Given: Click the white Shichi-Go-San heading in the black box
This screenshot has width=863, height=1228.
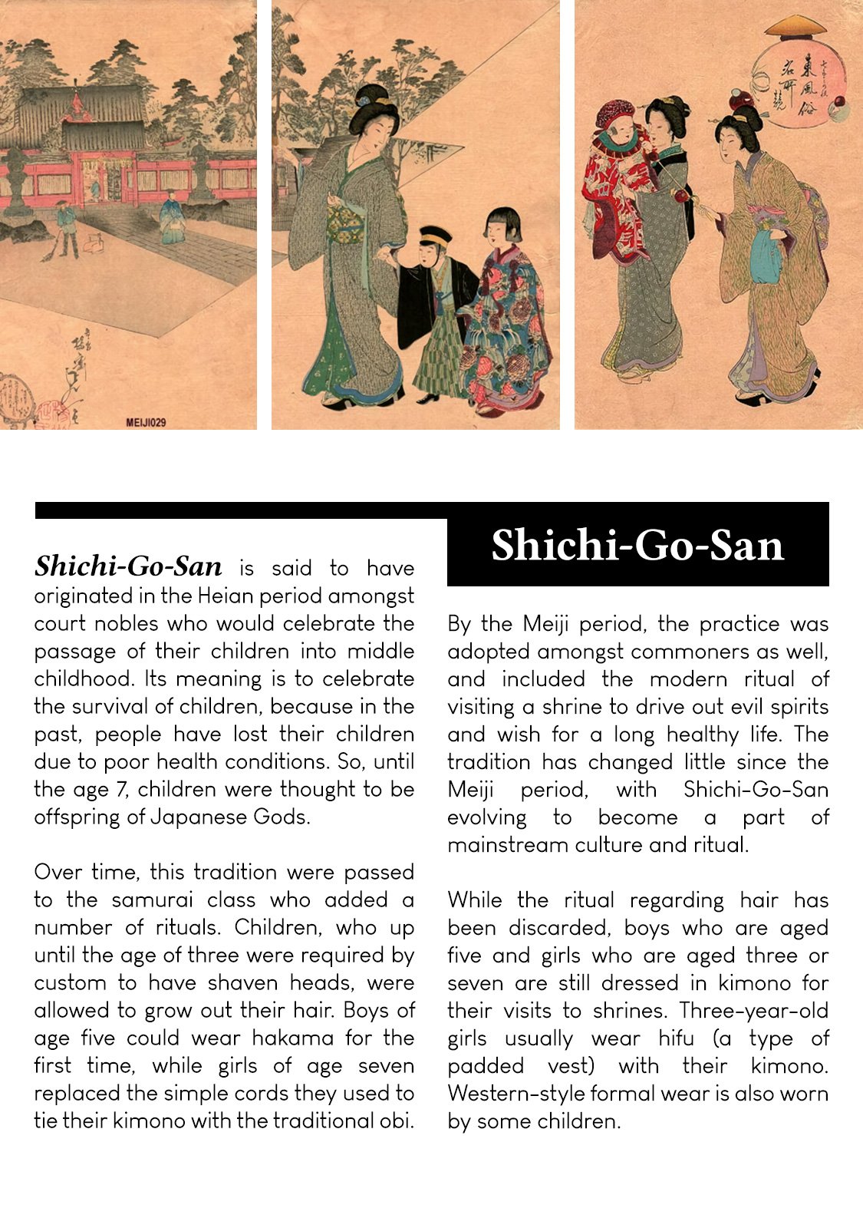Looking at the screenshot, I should [x=637, y=546].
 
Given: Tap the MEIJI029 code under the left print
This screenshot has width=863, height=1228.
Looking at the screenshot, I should [x=146, y=422].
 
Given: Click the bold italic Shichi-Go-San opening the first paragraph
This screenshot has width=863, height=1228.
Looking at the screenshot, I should [x=128, y=566].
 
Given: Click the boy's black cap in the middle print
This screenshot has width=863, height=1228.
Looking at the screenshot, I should [x=435, y=235].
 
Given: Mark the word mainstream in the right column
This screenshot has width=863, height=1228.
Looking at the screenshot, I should [x=510, y=844].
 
